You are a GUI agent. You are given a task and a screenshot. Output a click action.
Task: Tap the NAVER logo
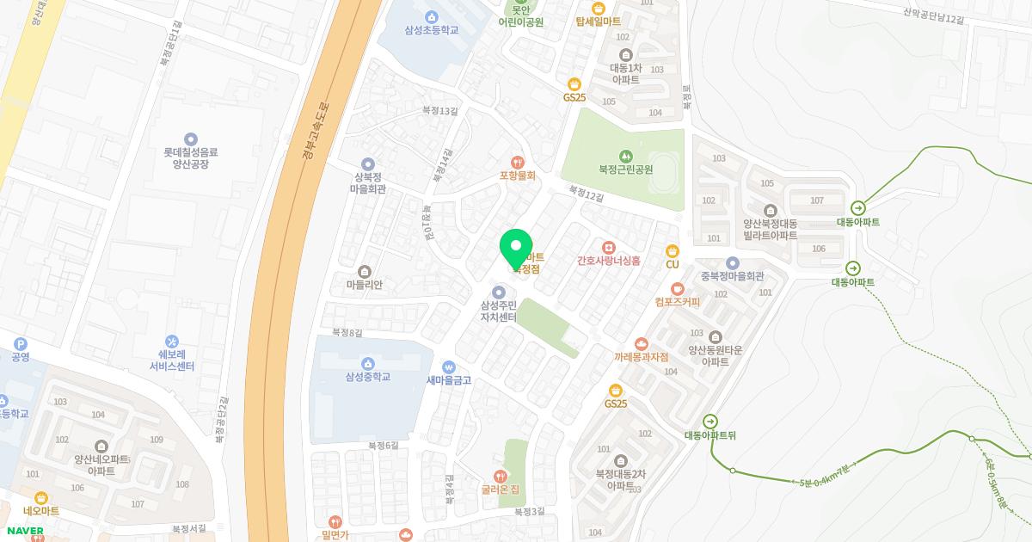tap(25, 530)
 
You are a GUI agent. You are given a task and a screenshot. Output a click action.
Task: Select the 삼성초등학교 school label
tap(431, 30)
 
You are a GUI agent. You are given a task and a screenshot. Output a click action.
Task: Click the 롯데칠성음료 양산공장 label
tap(191, 157)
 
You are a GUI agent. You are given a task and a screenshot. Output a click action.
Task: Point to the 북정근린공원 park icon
tap(625, 156)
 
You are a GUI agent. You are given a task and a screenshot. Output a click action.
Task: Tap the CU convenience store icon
tap(673, 250)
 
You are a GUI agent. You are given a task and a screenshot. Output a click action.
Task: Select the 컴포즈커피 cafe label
tap(677, 302)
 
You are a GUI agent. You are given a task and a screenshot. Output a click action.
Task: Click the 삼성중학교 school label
tap(368, 376)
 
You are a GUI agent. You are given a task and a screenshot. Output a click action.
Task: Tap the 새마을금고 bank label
tap(448, 379)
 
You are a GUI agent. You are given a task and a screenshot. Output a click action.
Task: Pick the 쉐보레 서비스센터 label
tap(172, 360)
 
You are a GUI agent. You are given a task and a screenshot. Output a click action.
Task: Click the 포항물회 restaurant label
tap(517, 175)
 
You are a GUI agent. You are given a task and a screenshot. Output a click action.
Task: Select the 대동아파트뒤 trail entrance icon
tap(710, 421)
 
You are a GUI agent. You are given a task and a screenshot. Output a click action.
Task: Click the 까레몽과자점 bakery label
tap(641, 356)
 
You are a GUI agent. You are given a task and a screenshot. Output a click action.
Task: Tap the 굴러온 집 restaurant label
tap(499, 490)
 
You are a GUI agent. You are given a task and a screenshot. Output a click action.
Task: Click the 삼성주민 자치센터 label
tap(499, 311)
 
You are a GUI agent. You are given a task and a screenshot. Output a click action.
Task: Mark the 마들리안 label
tap(364, 284)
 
